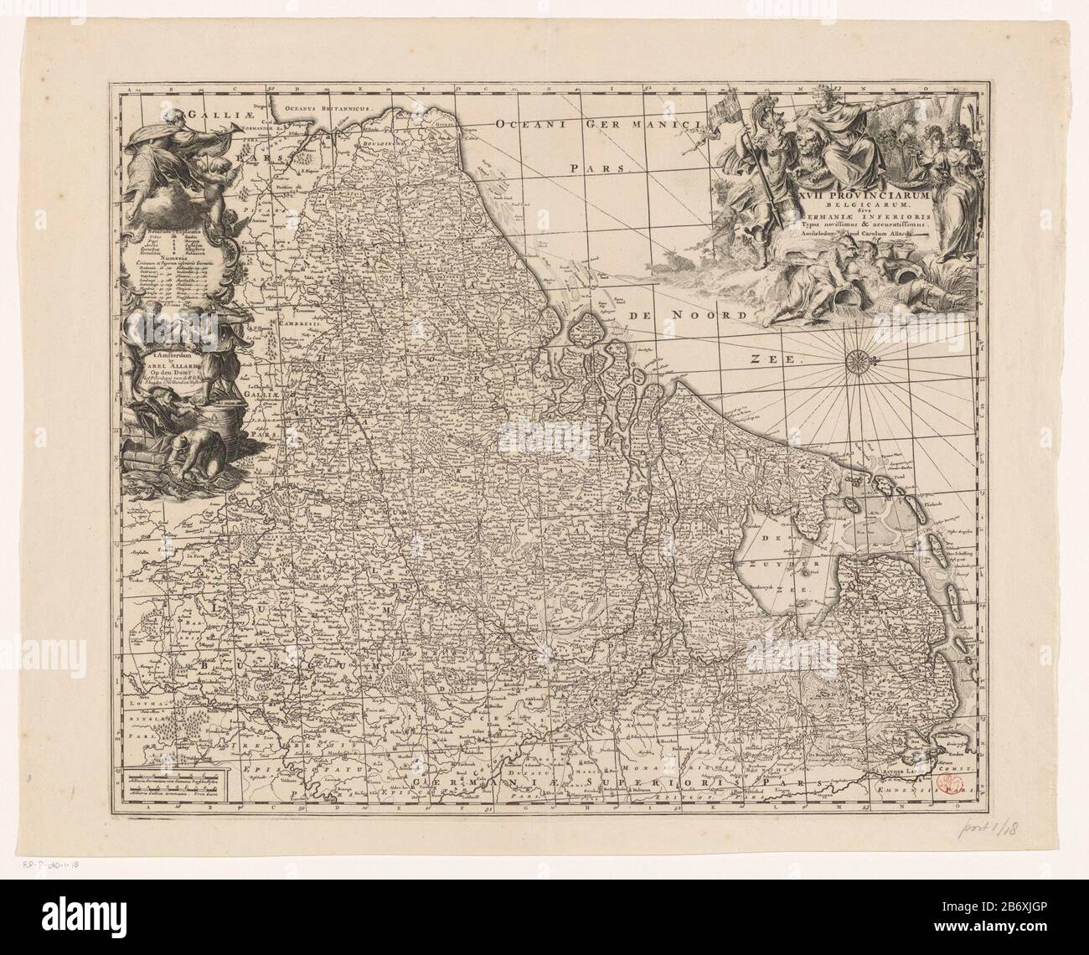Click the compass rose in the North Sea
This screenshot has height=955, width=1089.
click(859, 361)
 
